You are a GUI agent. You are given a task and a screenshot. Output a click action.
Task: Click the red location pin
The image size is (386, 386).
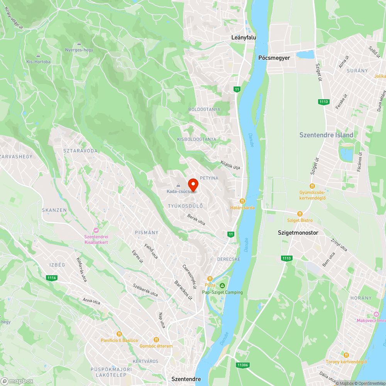coord(193,184)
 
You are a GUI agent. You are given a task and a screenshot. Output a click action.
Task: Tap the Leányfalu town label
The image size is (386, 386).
coord(243,37)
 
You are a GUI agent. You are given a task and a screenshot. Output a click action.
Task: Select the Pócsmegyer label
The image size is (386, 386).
coord(274,58)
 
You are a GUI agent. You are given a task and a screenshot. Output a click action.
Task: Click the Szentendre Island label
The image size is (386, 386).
coord(326,135)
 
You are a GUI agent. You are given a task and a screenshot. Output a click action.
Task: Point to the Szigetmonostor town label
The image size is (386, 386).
coord(298,233)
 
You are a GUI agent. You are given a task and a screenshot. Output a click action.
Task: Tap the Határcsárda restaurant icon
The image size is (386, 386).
coord(242,201)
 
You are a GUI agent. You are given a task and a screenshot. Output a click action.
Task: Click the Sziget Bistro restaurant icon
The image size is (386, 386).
coord(300,213)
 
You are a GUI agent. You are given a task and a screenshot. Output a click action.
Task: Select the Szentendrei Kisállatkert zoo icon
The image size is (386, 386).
coord(96,230)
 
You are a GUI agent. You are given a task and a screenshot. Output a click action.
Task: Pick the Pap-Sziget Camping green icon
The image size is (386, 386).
coord(222,286)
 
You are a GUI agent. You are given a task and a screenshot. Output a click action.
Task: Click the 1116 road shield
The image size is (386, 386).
coord(51,278)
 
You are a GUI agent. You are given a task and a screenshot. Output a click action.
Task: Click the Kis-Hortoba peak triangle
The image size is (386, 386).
coord(38,55)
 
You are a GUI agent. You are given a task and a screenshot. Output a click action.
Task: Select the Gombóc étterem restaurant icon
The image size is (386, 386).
coord(156,340)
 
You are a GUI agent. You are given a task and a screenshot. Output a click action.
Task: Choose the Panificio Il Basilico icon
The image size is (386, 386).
coord(119,334)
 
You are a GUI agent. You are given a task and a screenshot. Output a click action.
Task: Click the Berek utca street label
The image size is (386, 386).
coord(196,220)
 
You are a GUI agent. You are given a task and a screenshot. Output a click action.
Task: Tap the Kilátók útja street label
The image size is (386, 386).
coord(230,165)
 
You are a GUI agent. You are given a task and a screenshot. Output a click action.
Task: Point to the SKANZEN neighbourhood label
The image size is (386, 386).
coord(54,210)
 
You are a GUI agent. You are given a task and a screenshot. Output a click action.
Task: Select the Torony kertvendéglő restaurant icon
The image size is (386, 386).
coord(346,355)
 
